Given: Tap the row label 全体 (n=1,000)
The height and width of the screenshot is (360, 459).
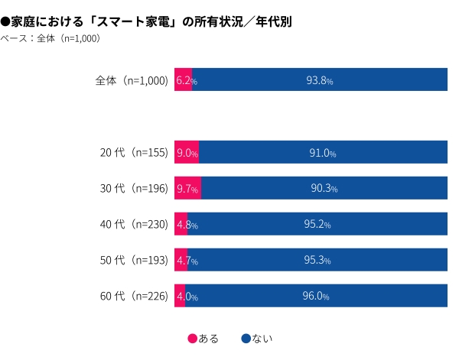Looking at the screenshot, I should click(x=131, y=80).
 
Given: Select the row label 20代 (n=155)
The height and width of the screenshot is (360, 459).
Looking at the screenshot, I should click(x=134, y=153).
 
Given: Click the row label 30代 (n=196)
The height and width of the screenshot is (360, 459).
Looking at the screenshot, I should click(x=134, y=188).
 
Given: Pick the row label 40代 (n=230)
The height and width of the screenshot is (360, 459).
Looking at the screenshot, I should click(x=134, y=224).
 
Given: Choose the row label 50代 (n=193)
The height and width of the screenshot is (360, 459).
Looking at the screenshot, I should click(x=134, y=260).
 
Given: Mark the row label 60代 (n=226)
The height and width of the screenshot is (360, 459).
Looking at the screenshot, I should click(x=134, y=296).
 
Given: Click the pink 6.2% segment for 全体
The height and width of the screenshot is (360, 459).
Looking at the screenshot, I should click(x=183, y=80).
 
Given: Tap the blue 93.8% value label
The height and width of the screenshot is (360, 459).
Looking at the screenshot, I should click(x=319, y=80).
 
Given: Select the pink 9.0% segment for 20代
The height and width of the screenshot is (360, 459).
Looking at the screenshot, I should click(x=186, y=153).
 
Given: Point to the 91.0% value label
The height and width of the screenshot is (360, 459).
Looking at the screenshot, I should click(x=322, y=153).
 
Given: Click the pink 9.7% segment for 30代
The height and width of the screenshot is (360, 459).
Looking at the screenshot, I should click(x=187, y=188).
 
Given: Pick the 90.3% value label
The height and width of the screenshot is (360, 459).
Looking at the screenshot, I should click(x=324, y=188).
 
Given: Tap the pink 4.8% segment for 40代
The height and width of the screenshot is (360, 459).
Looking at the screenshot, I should click(x=181, y=225).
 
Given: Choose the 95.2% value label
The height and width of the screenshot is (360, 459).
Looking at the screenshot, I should click(x=317, y=225).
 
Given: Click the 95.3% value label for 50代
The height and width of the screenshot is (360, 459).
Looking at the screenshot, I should click(x=317, y=261).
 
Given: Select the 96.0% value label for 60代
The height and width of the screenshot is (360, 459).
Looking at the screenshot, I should click(x=316, y=297).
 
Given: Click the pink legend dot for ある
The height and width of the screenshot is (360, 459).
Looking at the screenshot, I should click(x=191, y=338).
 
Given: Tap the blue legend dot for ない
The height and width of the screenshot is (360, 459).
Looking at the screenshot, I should click(x=246, y=338).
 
